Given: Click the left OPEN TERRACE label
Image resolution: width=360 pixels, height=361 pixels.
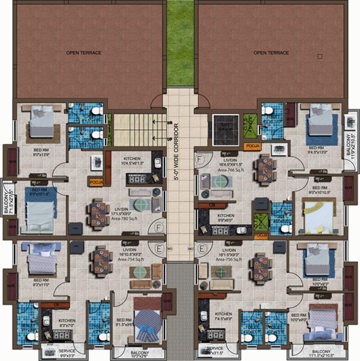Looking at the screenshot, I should (84, 53).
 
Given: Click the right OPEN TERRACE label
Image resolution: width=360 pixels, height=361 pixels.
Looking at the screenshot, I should (271, 53).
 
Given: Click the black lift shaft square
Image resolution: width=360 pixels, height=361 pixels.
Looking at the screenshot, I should (226, 130).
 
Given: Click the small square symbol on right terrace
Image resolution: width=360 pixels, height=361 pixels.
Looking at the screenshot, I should (320, 56).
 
